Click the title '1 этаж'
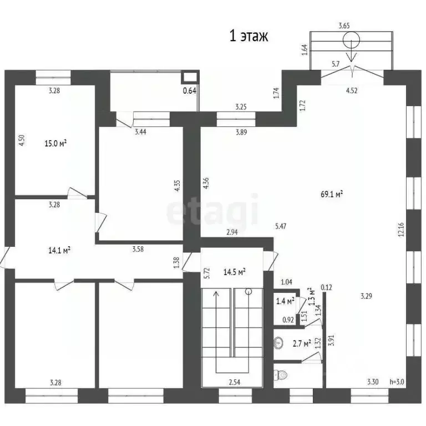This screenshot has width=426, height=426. (250, 37)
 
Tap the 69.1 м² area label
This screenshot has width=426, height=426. (332, 194)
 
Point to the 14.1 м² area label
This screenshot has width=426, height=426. (59, 250)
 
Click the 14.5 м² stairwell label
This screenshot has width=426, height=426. (234, 272)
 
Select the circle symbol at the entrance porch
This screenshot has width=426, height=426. (351, 40)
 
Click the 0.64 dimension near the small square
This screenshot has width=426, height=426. (190, 91)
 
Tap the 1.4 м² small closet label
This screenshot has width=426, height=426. (284, 302)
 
